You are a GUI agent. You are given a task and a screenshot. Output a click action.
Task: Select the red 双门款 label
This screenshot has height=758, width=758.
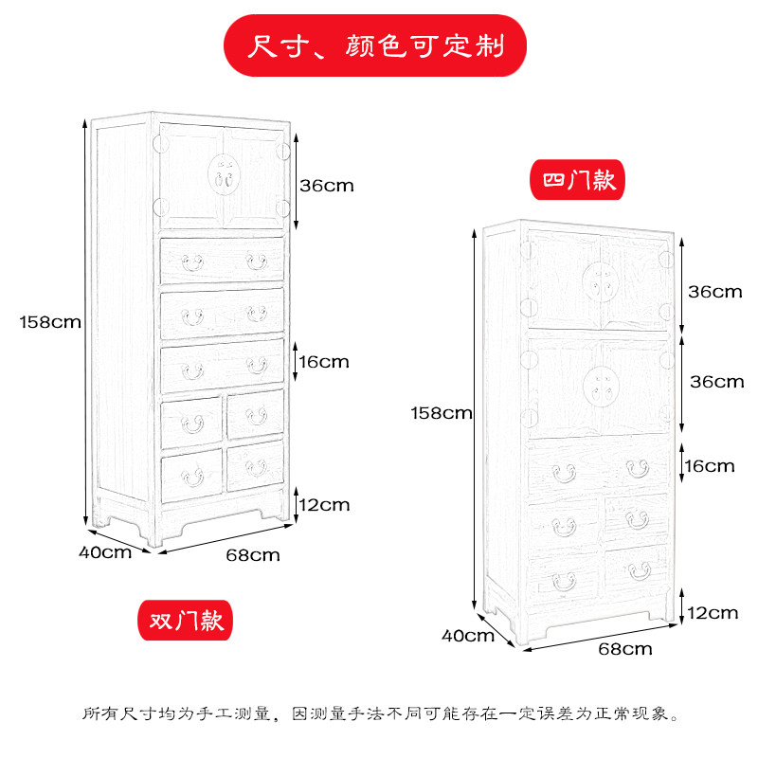186,621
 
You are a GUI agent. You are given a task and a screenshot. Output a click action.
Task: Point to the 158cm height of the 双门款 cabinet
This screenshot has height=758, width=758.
49,321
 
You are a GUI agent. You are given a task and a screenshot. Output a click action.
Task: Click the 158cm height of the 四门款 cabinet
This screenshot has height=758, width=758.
441,412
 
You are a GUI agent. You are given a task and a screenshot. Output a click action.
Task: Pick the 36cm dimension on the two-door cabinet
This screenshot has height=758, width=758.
326,185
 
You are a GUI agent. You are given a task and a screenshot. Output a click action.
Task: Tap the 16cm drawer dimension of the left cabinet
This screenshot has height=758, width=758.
324,361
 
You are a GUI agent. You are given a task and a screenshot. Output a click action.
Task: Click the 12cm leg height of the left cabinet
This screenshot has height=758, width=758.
324,504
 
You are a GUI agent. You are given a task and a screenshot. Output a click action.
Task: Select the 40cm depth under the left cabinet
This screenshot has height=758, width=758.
104,551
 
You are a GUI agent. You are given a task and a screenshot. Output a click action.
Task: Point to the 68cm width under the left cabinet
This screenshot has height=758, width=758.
253,554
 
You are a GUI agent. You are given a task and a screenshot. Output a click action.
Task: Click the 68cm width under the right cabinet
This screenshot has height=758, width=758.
625,649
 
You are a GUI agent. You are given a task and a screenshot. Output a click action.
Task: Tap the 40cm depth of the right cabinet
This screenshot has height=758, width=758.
468,635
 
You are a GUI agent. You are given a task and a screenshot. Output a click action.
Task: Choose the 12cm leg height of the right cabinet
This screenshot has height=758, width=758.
712,612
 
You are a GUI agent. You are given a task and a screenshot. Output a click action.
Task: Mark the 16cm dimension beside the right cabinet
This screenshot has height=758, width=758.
710,465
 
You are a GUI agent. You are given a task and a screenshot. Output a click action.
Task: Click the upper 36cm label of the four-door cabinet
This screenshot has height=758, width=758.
715,291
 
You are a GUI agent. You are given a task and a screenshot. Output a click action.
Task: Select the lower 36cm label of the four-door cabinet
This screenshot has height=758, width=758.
715,382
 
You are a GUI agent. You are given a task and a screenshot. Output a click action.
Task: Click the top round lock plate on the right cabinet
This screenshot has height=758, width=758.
599,278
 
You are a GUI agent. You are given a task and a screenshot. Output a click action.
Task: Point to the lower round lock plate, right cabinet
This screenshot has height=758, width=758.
599,382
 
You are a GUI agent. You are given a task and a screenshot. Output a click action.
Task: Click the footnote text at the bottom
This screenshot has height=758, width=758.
379,713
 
